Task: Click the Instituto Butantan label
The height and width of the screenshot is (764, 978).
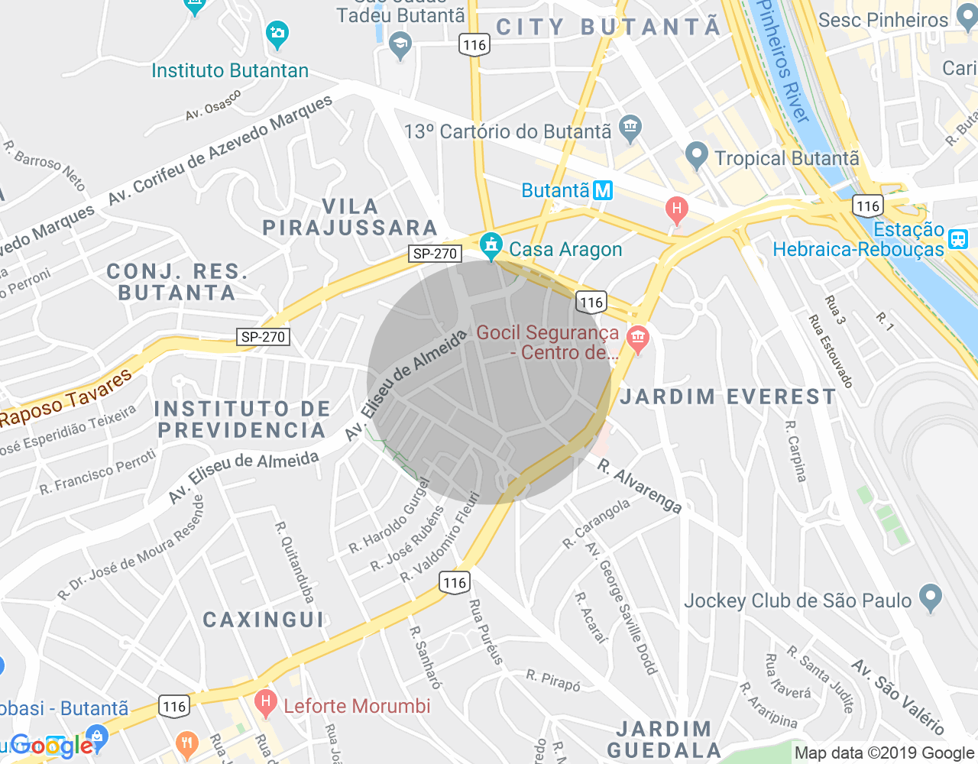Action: (x=230, y=71)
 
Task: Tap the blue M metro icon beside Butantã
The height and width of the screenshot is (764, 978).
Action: (x=603, y=190)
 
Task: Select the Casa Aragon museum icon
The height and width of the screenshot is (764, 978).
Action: (x=491, y=246)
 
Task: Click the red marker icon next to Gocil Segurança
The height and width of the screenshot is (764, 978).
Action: (x=637, y=338)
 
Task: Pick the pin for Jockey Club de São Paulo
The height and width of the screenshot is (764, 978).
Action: (x=930, y=597)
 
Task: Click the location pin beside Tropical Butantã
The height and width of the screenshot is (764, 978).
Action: (x=695, y=156)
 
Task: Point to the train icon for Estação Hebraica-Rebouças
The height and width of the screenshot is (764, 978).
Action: (x=958, y=239)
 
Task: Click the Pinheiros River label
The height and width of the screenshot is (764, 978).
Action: (x=782, y=61)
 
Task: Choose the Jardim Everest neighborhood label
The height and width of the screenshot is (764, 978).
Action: (x=728, y=397)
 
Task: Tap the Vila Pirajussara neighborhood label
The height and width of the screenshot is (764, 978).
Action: (x=350, y=218)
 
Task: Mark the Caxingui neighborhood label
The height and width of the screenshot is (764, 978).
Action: (x=264, y=620)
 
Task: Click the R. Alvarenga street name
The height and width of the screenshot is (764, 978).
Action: (x=640, y=487)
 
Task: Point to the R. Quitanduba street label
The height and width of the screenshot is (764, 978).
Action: (x=295, y=562)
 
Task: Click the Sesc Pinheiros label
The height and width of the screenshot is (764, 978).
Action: (x=882, y=21)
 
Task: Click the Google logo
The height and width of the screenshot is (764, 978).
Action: (x=52, y=745)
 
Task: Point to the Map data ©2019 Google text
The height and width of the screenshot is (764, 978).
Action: (x=884, y=753)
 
